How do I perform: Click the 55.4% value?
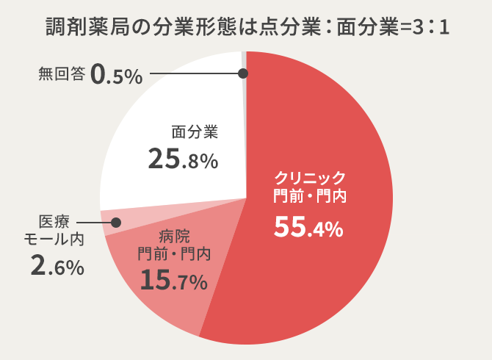[308, 228]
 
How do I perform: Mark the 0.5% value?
[117, 75]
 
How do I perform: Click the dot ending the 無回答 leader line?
[243, 73]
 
